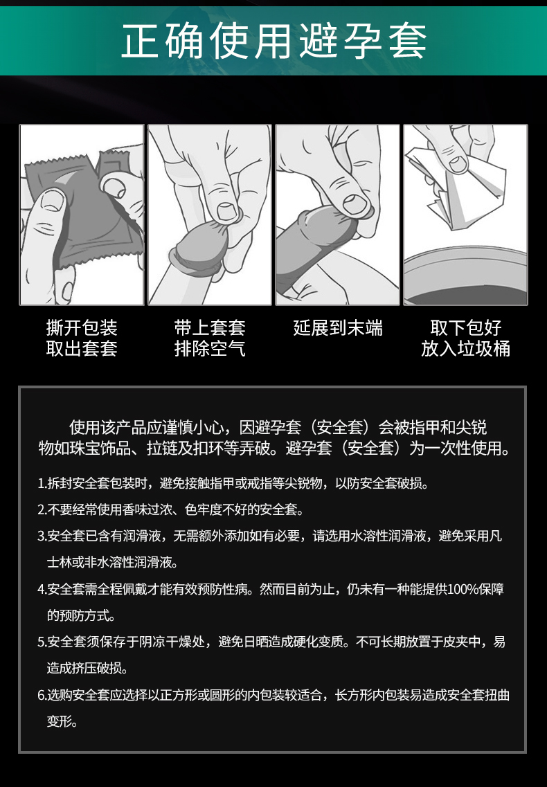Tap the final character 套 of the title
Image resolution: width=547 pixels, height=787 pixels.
tap(407, 41)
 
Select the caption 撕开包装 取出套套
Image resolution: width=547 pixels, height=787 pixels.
tap(82, 338)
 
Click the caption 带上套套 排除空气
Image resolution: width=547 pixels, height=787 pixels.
tap(210, 338)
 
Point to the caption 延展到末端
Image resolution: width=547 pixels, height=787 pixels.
tap(338, 328)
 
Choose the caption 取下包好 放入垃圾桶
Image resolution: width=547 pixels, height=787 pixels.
tap(465, 338)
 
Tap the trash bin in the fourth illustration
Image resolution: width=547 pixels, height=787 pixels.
tap(465, 276)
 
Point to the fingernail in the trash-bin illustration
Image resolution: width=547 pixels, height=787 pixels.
tap(458, 163)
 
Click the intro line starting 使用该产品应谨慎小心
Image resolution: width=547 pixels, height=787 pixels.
tap(278, 427)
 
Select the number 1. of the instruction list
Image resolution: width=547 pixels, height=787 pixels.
tap(42, 483)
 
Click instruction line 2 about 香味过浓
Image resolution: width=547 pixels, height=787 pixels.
tap(171, 510)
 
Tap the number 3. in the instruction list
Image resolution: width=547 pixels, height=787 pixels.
tap(42, 536)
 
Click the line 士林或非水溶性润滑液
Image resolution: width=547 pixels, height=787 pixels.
tap(112, 562)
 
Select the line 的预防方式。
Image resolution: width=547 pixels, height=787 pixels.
tap(82, 615)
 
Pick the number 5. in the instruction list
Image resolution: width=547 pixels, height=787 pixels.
tap(42, 642)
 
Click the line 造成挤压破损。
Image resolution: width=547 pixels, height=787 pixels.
tap(88, 668)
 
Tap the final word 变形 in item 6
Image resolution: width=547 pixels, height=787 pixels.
tap(60, 721)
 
